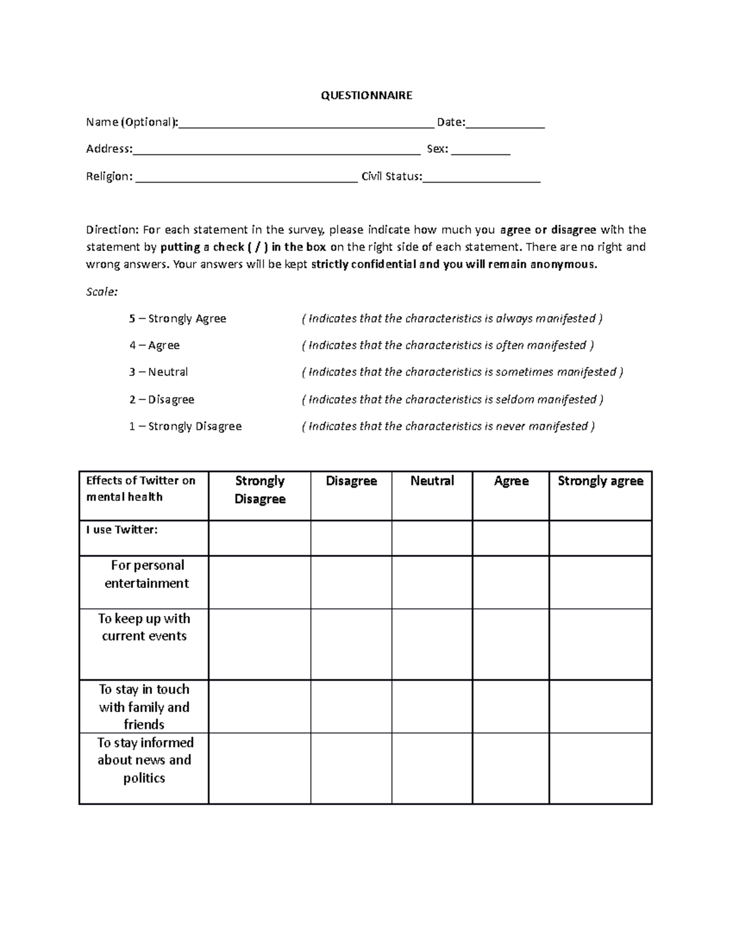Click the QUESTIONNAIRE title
point(366,95)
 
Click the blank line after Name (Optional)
point(306,124)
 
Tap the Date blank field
point(505,124)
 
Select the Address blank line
point(276,151)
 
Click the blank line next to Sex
point(480,151)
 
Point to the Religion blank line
point(246,178)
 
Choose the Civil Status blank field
point(481,178)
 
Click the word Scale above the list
point(101,292)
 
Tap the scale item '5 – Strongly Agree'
point(178,319)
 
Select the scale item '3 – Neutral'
point(159,372)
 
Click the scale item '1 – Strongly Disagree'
point(185,426)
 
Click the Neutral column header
point(432,481)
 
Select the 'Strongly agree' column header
point(600,481)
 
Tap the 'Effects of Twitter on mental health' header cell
point(141,488)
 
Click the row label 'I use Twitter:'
point(122,530)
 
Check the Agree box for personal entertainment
point(511,582)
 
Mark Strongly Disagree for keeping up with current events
point(260,644)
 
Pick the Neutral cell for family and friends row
point(432,706)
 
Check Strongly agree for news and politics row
point(600,768)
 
